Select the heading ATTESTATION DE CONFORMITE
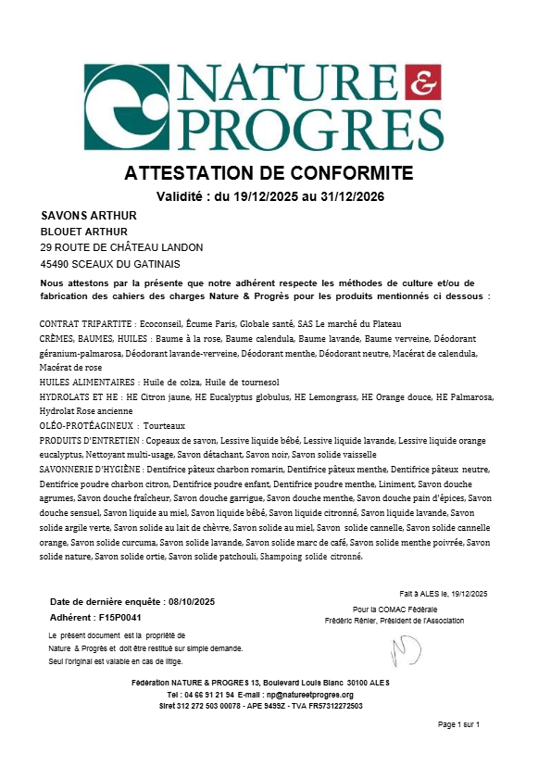[269, 174]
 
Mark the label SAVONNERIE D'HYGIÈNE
[91, 471]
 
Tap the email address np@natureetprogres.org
[309, 695]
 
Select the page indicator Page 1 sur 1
[459, 723]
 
